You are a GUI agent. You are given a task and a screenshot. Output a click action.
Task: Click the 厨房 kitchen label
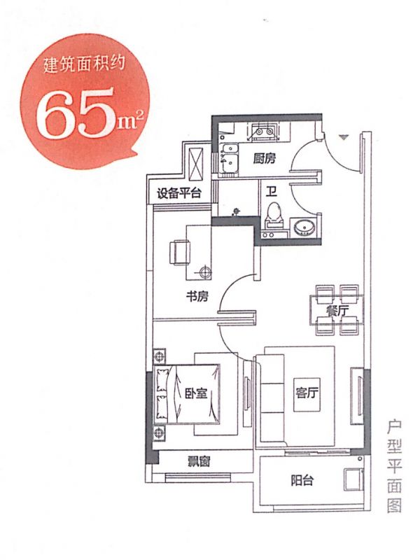265,158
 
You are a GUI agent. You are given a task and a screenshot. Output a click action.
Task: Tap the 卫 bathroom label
272,191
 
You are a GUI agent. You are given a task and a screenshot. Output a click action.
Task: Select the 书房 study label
197,296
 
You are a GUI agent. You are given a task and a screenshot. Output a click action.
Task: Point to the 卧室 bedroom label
196,393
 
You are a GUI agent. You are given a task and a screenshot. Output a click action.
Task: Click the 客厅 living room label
307,393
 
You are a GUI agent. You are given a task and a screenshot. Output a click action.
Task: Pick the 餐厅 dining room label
337,311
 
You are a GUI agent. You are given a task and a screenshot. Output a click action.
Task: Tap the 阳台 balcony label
302,481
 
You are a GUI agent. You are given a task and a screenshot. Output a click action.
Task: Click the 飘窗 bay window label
199,461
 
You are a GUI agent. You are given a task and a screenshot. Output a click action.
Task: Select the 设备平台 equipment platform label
179,193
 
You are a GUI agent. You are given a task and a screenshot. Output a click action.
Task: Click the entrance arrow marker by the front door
343,137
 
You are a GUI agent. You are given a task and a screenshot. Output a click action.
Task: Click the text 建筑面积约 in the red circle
84,65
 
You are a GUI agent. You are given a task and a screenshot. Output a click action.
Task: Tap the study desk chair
179,253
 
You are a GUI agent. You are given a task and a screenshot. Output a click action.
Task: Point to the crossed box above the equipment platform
195,164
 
